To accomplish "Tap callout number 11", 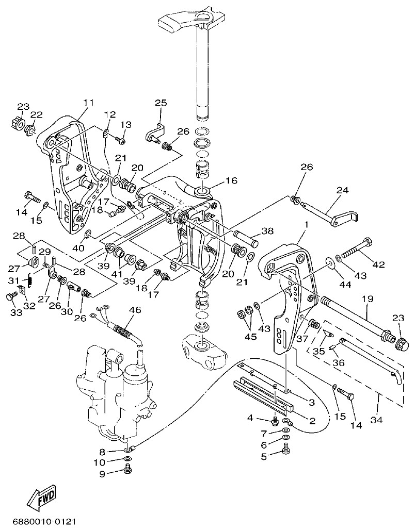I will tap(88, 103).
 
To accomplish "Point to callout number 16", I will tap(231, 181).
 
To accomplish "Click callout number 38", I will tap(267, 232).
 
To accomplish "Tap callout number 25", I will tap(161, 103).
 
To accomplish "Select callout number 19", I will tap(367, 299).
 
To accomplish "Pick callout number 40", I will tap(78, 248).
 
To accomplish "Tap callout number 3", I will tap(312, 402).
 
